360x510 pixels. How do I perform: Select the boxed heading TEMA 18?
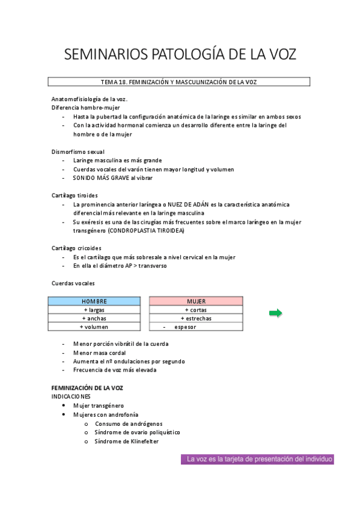(179, 82)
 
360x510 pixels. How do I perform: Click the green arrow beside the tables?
(275, 313)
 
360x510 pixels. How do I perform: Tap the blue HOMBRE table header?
(94, 301)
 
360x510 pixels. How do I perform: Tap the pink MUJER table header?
(196, 301)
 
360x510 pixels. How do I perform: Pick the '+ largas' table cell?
(94, 310)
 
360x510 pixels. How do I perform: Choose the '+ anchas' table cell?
(94, 318)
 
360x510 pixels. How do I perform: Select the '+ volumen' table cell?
(94, 327)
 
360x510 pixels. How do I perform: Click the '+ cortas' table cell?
(196, 310)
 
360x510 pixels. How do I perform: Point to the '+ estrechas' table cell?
(196, 318)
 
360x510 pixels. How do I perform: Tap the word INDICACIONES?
(71, 397)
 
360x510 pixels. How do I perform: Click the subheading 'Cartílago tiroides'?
(75, 195)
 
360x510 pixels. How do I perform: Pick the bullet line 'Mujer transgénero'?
(98, 406)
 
